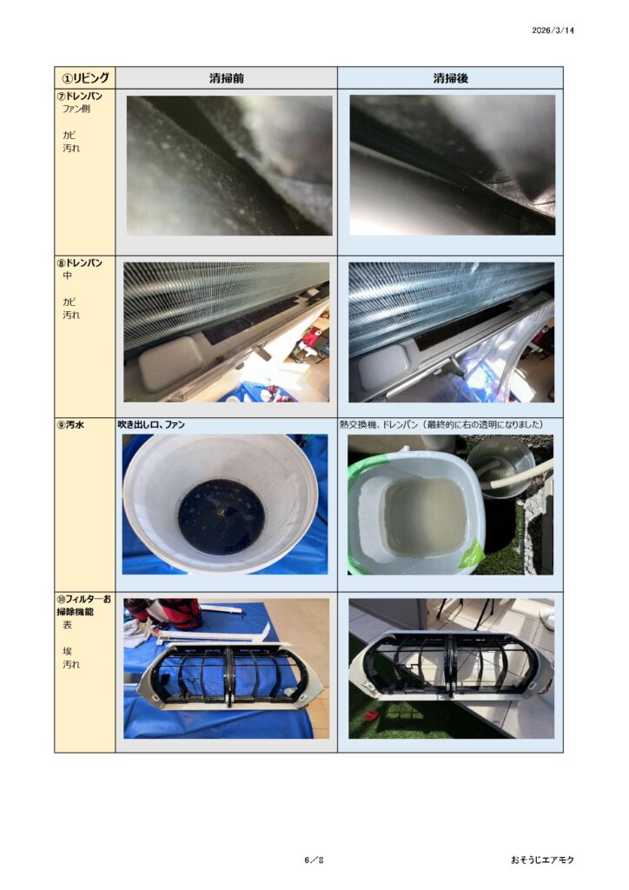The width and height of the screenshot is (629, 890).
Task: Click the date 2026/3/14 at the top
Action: click(x=553, y=30)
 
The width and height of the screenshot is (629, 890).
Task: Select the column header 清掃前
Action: click(x=226, y=78)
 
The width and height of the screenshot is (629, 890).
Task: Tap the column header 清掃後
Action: click(x=450, y=78)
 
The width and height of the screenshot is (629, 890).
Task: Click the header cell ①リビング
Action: click(x=85, y=77)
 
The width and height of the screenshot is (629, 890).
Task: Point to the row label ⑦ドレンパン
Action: click(x=80, y=96)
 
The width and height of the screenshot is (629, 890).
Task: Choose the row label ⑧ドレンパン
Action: click(x=80, y=262)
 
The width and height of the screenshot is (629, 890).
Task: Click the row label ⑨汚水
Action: click(x=70, y=424)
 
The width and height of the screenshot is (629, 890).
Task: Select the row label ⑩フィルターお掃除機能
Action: click(x=84, y=605)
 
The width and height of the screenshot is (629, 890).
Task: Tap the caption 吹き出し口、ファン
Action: click(x=151, y=424)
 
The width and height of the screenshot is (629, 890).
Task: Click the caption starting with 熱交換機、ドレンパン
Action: click(x=441, y=424)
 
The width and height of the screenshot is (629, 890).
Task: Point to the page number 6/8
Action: click(x=314, y=860)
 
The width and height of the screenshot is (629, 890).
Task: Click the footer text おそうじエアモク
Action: click(x=542, y=860)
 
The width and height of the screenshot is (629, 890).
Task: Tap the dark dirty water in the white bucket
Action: click(x=222, y=516)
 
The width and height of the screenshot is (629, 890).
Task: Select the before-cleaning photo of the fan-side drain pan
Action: click(x=229, y=165)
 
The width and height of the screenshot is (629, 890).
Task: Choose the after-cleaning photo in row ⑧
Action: click(x=451, y=332)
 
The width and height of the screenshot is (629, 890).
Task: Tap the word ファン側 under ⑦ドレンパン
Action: click(x=76, y=109)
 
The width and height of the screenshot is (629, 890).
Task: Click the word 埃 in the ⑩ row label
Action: click(x=68, y=651)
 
